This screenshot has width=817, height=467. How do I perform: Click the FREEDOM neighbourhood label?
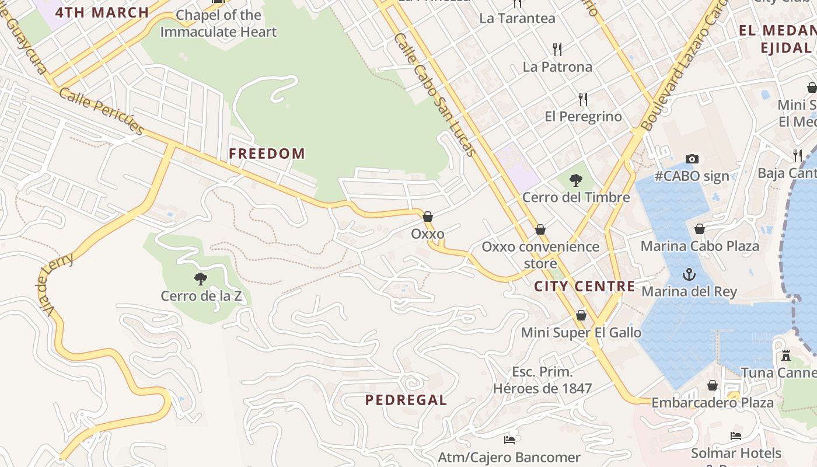(x=267, y=154)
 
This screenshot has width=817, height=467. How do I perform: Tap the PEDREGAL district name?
(x=406, y=400)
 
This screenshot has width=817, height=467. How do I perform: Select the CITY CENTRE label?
(x=584, y=287)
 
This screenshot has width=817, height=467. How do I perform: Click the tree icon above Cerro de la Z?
(x=201, y=279)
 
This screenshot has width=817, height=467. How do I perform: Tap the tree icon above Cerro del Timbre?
(x=575, y=180)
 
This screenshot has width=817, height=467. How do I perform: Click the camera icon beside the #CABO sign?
(x=692, y=159)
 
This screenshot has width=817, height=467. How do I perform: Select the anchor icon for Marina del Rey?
(x=689, y=274)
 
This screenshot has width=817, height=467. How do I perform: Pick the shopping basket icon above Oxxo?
(x=428, y=217)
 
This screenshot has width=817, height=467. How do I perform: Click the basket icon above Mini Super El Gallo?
(x=581, y=315)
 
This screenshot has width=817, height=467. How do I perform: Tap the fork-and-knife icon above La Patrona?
(x=557, y=49)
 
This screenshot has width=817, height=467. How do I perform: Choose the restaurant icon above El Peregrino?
(x=583, y=99)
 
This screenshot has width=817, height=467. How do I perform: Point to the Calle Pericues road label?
(x=102, y=111)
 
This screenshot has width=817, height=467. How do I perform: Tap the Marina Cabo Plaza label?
(x=700, y=246)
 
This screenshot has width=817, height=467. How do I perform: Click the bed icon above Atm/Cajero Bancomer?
(x=509, y=440)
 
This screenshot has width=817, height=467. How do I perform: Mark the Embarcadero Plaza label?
(x=712, y=403)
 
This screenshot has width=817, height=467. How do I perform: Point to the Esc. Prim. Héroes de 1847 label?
(x=542, y=380)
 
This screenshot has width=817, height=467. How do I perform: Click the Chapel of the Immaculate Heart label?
(x=218, y=23)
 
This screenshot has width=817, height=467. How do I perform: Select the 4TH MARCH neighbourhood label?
(x=102, y=12)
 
